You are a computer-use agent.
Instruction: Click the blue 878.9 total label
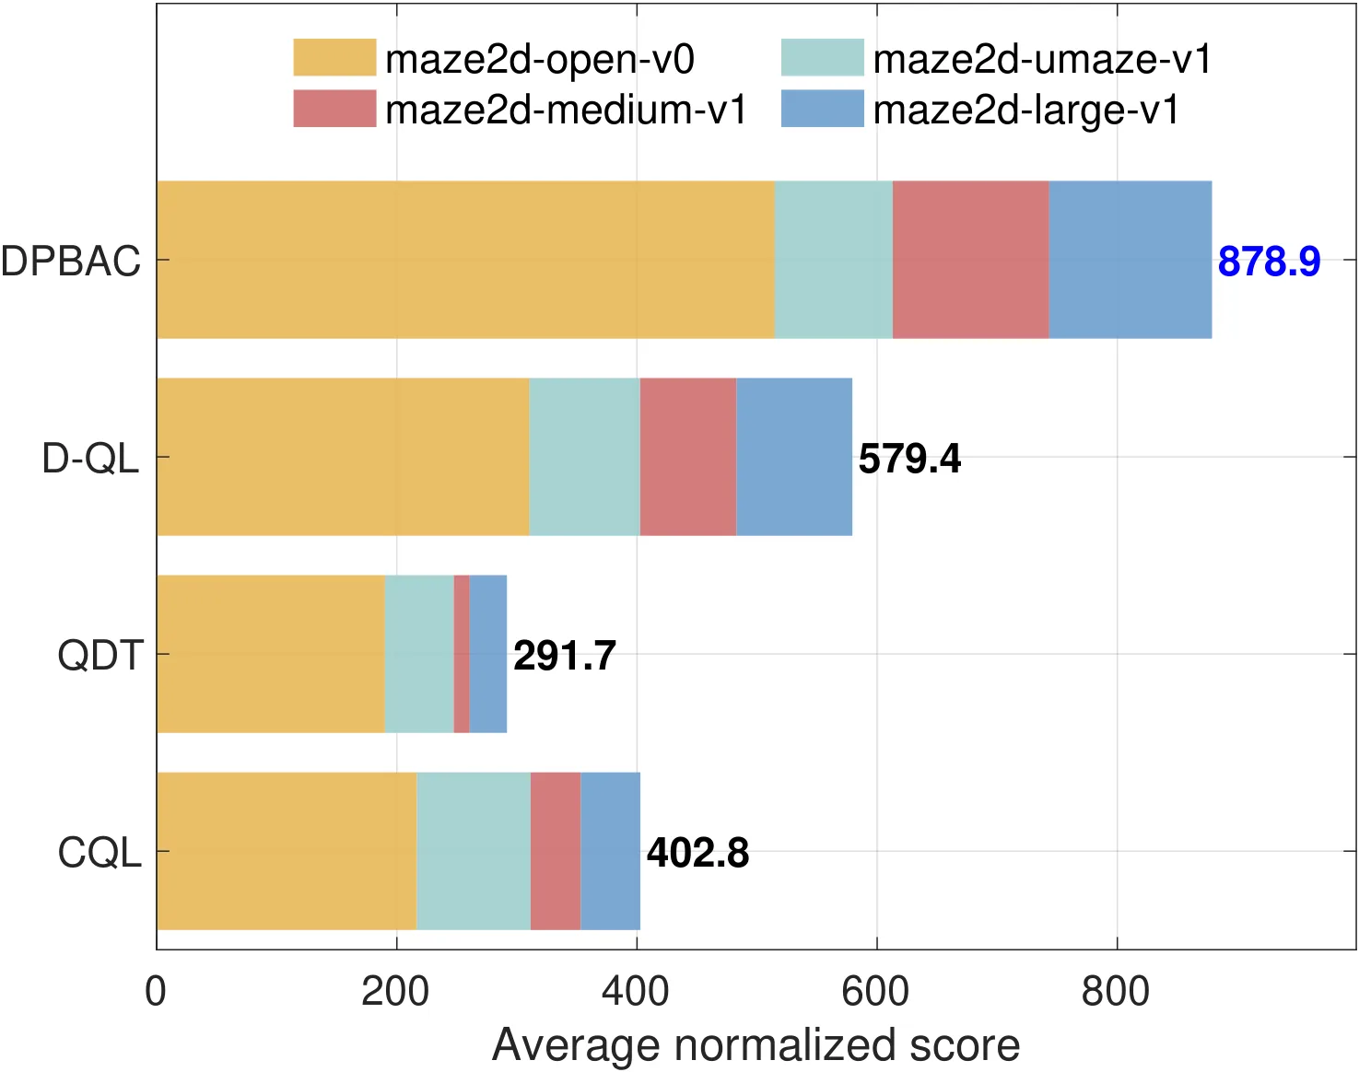click(1269, 262)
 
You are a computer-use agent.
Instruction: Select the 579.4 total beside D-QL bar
click(909, 459)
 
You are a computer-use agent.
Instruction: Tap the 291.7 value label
click(565, 656)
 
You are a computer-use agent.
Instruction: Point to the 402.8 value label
click(697, 853)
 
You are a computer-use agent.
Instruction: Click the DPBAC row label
click(71, 261)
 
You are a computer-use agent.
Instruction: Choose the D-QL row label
click(90, 459)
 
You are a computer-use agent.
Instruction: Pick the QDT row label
click(101, 656)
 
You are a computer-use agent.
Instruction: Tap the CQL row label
click(100, 853)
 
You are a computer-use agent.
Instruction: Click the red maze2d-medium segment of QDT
click(462, 654)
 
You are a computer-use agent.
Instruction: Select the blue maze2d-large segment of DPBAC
click(1131, 260)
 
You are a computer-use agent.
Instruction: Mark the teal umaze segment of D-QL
click(585, 457)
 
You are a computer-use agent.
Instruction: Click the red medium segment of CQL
click(556, 851)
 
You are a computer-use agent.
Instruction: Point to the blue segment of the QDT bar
click(488, 654)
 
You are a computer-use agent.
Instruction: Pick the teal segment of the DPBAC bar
click(834, 260)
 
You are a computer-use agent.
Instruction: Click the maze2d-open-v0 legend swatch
click(334, 57)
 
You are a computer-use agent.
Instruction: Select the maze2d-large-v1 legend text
click(1026, 110)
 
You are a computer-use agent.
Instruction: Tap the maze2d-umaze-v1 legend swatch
click(822, 57)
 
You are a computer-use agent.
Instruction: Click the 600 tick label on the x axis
click(875, 992)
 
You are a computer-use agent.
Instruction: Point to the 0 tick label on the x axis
click(156, 992)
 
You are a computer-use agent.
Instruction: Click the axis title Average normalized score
click(756, 1045)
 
